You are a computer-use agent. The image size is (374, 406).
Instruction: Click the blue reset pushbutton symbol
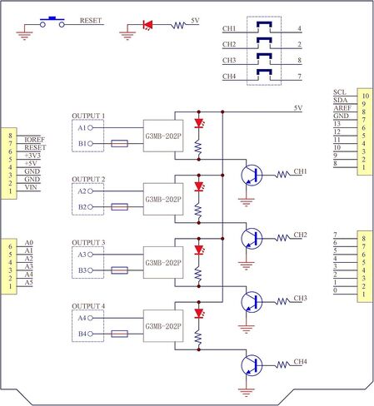(52, 22)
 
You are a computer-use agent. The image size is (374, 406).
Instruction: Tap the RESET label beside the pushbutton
(91, 21)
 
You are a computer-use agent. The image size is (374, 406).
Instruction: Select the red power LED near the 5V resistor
(147, 25)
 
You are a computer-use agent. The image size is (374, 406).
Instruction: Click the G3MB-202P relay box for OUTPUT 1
(163, 136)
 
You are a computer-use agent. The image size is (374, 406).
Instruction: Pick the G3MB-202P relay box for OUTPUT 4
(163, 326)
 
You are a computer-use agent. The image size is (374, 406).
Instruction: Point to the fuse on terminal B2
(119, 207)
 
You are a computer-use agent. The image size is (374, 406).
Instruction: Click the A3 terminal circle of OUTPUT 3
(90, 255)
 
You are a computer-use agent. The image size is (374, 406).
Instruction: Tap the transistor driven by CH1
(252, 176)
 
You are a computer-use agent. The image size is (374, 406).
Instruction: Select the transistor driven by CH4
(252, 365)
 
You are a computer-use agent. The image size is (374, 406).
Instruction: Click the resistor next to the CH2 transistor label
(282, 238)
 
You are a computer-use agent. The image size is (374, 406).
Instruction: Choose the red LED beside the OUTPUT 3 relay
(199, 250)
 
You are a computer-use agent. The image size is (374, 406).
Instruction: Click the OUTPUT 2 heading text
(88, 180)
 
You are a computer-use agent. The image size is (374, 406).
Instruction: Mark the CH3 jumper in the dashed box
(264, 57)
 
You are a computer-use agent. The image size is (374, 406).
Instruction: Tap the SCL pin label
(340, 92)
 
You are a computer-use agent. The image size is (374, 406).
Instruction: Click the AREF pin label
(342, 108)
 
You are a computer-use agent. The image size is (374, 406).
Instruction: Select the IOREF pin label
(34, 140)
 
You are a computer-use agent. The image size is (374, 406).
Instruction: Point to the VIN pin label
(31, 187)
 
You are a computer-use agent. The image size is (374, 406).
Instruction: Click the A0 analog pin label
(29, 243)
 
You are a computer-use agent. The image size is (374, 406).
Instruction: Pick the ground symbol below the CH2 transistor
(246, 265)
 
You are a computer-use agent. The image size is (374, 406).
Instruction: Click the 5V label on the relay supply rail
(298, 108)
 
